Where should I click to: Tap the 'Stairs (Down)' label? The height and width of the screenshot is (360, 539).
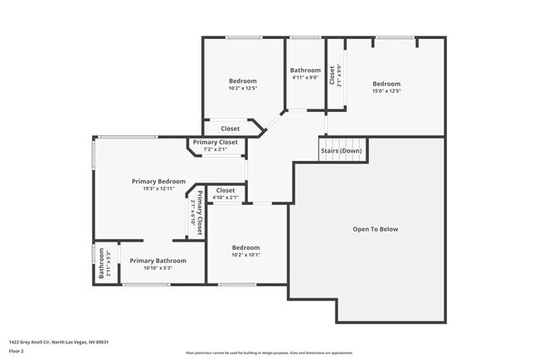[x=341, y=151]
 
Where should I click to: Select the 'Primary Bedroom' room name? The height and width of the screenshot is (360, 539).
[x=158, y=181]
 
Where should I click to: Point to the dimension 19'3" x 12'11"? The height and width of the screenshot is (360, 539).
[x=158, y=189]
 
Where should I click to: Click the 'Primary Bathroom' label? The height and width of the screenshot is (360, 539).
[x=158, y=260]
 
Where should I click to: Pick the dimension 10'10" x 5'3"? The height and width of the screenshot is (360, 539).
[x=158, y=268]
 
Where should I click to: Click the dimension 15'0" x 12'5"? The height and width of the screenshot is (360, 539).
[x=386, y=91]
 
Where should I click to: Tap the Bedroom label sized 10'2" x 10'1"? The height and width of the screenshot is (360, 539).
[x=245, y=247]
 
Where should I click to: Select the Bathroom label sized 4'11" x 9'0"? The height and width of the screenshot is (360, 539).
[x=305, y=71]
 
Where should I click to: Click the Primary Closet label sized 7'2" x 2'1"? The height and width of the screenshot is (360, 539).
[x=216, y=143]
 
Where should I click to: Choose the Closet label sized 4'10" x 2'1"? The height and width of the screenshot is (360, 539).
[x=226, y=190]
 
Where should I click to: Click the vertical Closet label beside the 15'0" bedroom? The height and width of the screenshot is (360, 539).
[x=332, y=76]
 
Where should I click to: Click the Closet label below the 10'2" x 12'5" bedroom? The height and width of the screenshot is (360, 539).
[x=230, y=129]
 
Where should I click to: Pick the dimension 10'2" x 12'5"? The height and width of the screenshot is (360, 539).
[x=243, y=88]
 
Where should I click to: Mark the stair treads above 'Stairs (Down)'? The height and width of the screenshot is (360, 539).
[x=342, y=140]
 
